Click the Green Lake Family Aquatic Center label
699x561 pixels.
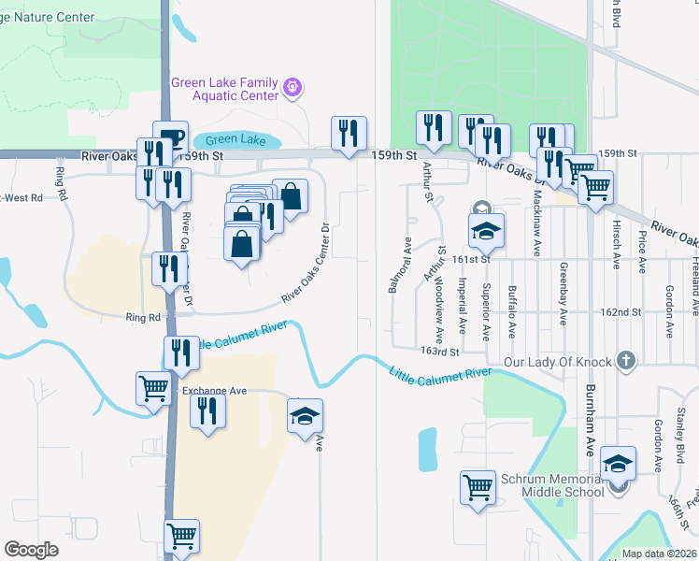tap(225, 89)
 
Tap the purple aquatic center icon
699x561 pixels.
tap(293, 89)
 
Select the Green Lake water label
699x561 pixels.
tap(235, 140)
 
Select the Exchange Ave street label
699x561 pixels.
tap(214, 390)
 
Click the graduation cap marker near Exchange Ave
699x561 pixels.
tap(305, 416)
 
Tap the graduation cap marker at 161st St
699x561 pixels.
tap(485, 229)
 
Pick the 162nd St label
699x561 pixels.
tap(621, 311)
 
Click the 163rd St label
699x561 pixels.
tap(441, 352)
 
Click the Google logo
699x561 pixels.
tap(31, 549)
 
